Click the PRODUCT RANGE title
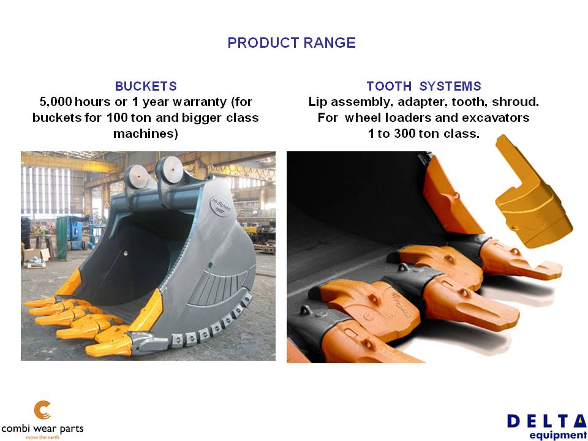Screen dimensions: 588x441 tap(292, 43)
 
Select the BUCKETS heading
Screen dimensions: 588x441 tap(146, 86)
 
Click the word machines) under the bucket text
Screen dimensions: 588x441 tap(146, 134)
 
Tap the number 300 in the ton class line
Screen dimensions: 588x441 tap(405, 134)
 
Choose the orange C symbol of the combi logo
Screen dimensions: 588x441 tap(42, 410)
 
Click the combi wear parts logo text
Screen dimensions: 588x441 tap(42, 429)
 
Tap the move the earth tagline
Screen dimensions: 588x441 tap(42, 437)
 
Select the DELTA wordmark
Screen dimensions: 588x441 tap(547, 421)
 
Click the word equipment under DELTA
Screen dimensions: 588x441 tap(559, 435)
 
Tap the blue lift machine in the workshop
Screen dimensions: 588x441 tap(77, 233)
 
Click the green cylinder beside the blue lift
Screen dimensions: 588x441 tap(61, 238)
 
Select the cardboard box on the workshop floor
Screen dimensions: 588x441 tap(36, 255)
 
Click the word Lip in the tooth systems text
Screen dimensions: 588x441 tap(318, 102)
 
